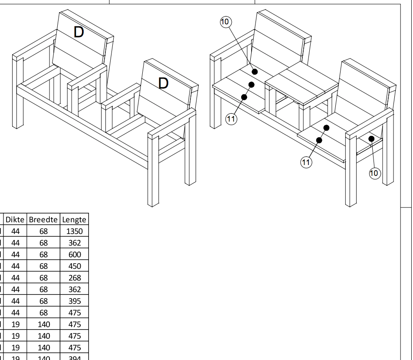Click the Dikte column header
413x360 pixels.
[x=16, y=219]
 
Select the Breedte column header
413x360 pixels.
[x=43, y=219]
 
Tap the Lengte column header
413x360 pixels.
[x=75, y=219]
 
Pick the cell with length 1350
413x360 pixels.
[x=75, y=231]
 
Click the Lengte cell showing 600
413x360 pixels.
[x=75, y=254]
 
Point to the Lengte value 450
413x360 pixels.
[x=75, y=266]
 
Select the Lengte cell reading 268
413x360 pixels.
[x=75, y=278]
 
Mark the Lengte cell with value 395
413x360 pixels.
[x=75, y=301]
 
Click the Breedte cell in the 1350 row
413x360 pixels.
[x=43, y=231]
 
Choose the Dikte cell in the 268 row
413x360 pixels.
[x=16, y=278]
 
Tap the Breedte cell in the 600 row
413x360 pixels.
[x=43, y=254]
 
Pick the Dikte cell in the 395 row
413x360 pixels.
[x=16, y=301]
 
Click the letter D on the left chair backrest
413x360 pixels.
[x=79, y=32]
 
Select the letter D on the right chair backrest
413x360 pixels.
[x=163, y=83]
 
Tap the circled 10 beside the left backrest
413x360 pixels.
[x=226, y=22]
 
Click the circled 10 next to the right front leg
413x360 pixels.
[x=374, y=173]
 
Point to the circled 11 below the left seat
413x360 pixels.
[x=232, y=119]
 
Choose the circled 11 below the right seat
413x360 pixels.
[x=306, y=162]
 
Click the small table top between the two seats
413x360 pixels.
[x=301, y=85]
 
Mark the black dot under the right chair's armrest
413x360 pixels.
[x=372, y=139]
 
